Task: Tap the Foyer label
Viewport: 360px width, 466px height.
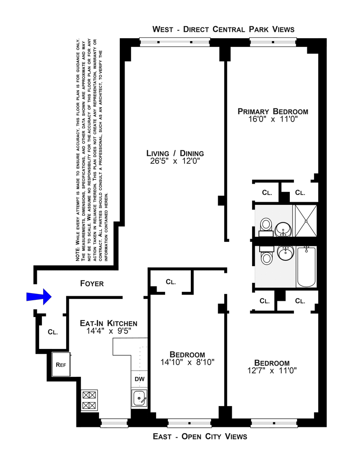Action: coord(92,284)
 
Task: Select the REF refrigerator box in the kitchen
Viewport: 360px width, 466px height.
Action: coord(61,364)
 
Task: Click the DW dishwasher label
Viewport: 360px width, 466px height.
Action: coord(139,379)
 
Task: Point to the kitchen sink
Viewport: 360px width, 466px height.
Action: coord(139,398)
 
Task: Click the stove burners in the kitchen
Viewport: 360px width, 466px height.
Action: coord(90,400)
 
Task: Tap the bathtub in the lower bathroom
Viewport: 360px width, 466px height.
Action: coord(306,267)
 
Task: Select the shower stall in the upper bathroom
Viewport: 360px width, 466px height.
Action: coord(306,221)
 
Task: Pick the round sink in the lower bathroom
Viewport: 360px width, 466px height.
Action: coord(286,253)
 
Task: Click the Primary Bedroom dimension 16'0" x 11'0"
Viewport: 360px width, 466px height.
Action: coord(273,119)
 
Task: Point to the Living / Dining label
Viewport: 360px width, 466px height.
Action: coord(175,154)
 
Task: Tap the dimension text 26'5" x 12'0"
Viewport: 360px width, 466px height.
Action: coord(175,161)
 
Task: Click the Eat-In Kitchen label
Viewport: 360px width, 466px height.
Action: coord(109,323)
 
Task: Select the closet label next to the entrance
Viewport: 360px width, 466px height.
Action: coord(53,332)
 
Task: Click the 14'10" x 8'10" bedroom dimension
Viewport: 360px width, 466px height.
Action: coord(188,362)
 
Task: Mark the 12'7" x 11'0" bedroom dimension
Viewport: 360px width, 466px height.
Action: coord(272,371)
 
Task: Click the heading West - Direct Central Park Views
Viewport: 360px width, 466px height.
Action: coord(223,29)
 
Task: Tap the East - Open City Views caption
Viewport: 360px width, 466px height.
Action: coord(200,436)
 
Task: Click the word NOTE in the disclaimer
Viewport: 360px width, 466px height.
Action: coord(78,255)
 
